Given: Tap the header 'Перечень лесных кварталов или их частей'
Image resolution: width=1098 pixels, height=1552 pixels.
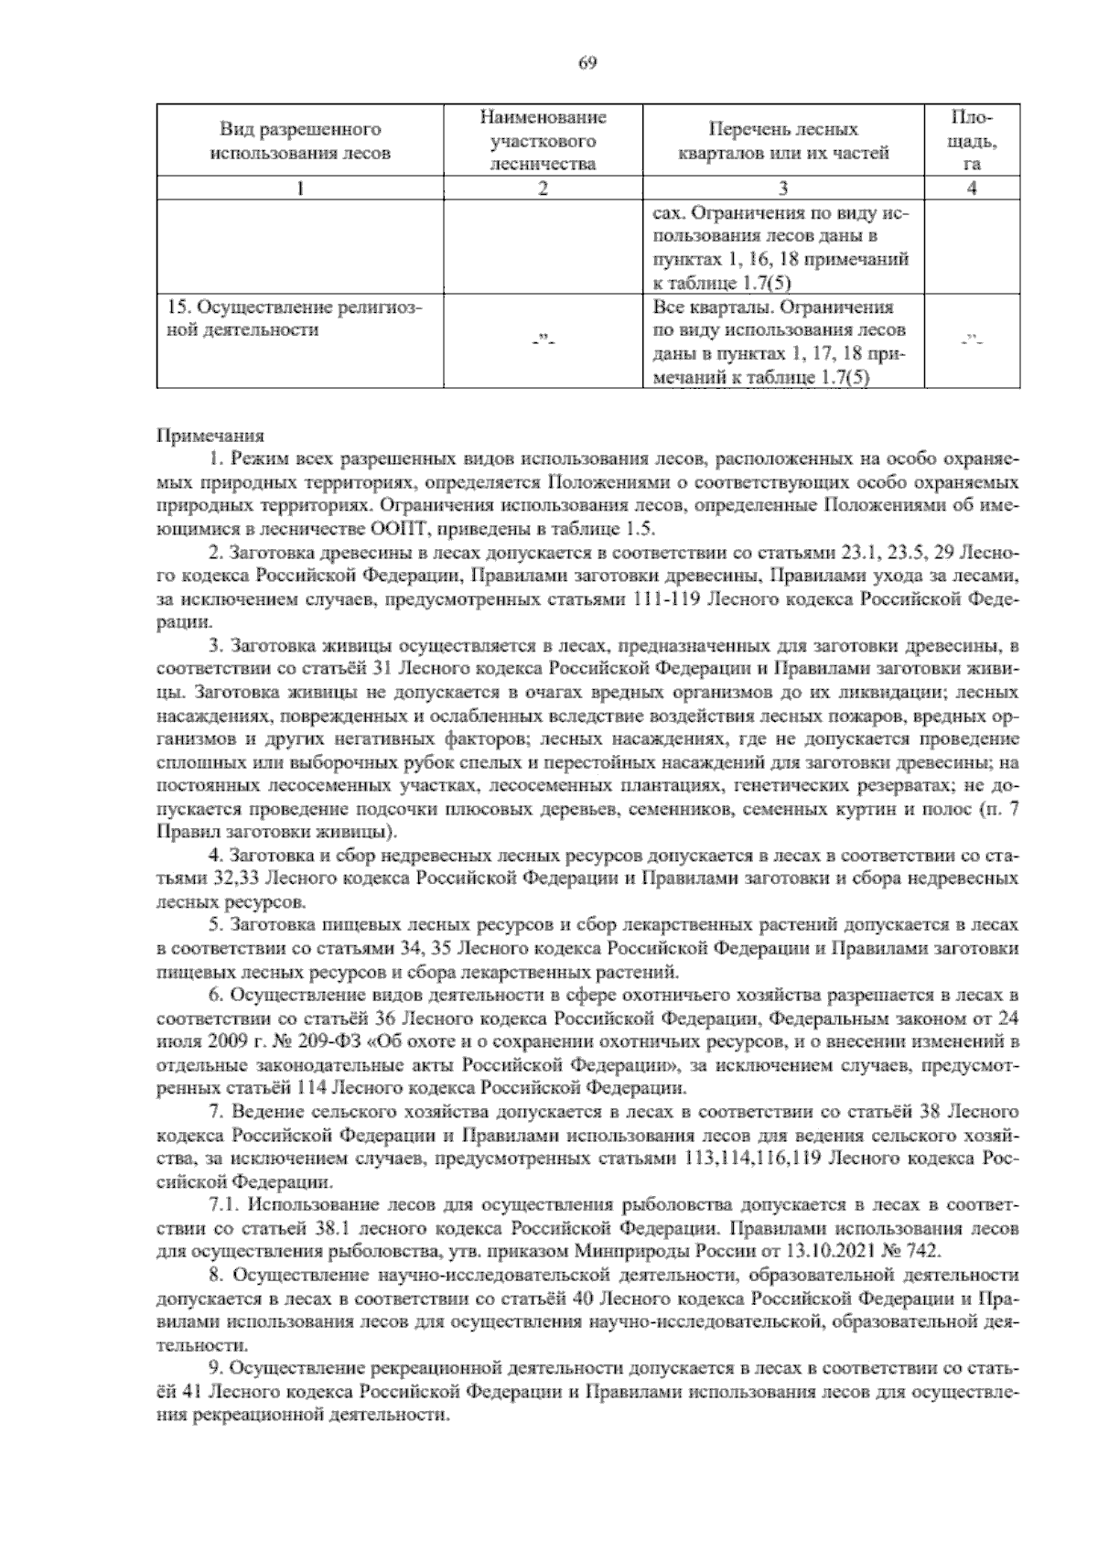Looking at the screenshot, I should pos(783,141).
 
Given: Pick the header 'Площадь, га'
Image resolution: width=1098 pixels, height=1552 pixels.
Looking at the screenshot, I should pos(972,141).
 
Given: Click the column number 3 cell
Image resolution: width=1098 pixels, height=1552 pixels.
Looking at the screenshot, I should pos(783,189).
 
